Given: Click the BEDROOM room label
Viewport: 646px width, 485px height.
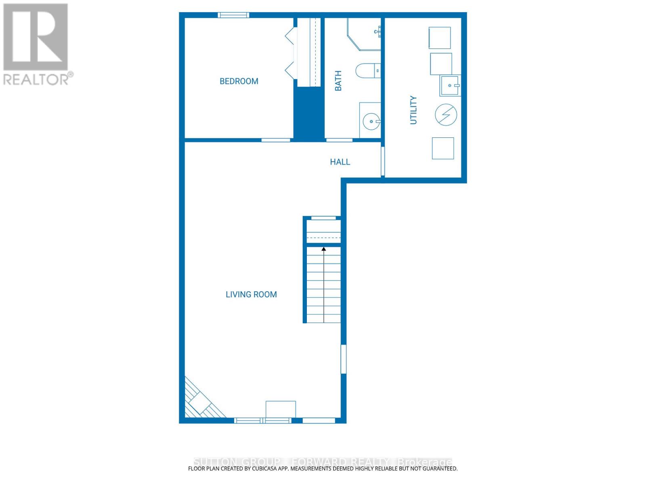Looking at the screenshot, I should coord(239,81).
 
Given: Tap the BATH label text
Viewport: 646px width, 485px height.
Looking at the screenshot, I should coord(338,81).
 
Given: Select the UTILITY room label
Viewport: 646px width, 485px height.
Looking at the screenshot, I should coord(413,110).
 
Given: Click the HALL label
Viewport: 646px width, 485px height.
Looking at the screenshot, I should coord(340,162).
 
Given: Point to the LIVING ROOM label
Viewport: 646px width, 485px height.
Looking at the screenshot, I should coord(251,295).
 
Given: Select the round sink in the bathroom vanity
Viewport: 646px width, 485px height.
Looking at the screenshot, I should coord(371,121).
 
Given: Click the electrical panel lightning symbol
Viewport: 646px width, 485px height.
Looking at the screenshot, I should coord(446,115).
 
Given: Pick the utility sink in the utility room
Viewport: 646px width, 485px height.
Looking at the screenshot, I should coord(450,86).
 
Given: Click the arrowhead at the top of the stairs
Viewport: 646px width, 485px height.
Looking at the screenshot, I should coord(323,249).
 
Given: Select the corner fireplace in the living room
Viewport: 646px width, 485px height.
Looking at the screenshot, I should coord(200,402).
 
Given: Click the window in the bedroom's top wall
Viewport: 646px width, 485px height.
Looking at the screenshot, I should coord(233,15).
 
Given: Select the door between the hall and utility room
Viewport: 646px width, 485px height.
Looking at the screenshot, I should coord(383,162).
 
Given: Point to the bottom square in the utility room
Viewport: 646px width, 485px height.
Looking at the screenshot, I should coord(443,148).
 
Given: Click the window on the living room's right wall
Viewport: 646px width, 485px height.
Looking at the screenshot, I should coord(344,359).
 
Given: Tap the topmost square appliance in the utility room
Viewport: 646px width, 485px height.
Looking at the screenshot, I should coord(439,38).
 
